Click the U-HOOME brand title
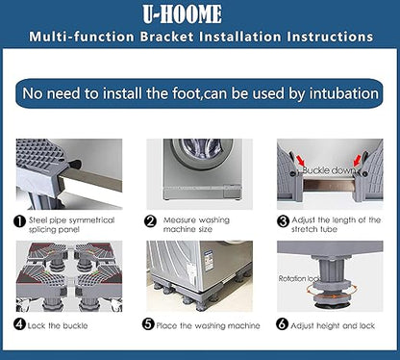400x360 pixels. (182, 14)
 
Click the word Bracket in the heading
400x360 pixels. (166, 37)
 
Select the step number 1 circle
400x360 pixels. (19, 221)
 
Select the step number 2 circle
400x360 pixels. (150, 221)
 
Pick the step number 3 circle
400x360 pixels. (283, 221)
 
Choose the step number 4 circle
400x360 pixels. (19, 324)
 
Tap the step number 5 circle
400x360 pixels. (148, 324)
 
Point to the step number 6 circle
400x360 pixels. (282, 324)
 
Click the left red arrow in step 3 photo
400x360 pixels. (300, 160)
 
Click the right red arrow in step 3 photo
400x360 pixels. (357, 160)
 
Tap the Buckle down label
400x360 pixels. (329, 170)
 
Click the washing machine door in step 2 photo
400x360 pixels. (202, 151)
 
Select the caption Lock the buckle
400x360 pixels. (58, 326)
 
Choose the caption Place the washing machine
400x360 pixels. (208, 326)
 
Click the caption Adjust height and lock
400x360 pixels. (333, 326)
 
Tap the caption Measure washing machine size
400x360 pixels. (196, 224)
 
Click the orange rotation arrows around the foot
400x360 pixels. (331, 292)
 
